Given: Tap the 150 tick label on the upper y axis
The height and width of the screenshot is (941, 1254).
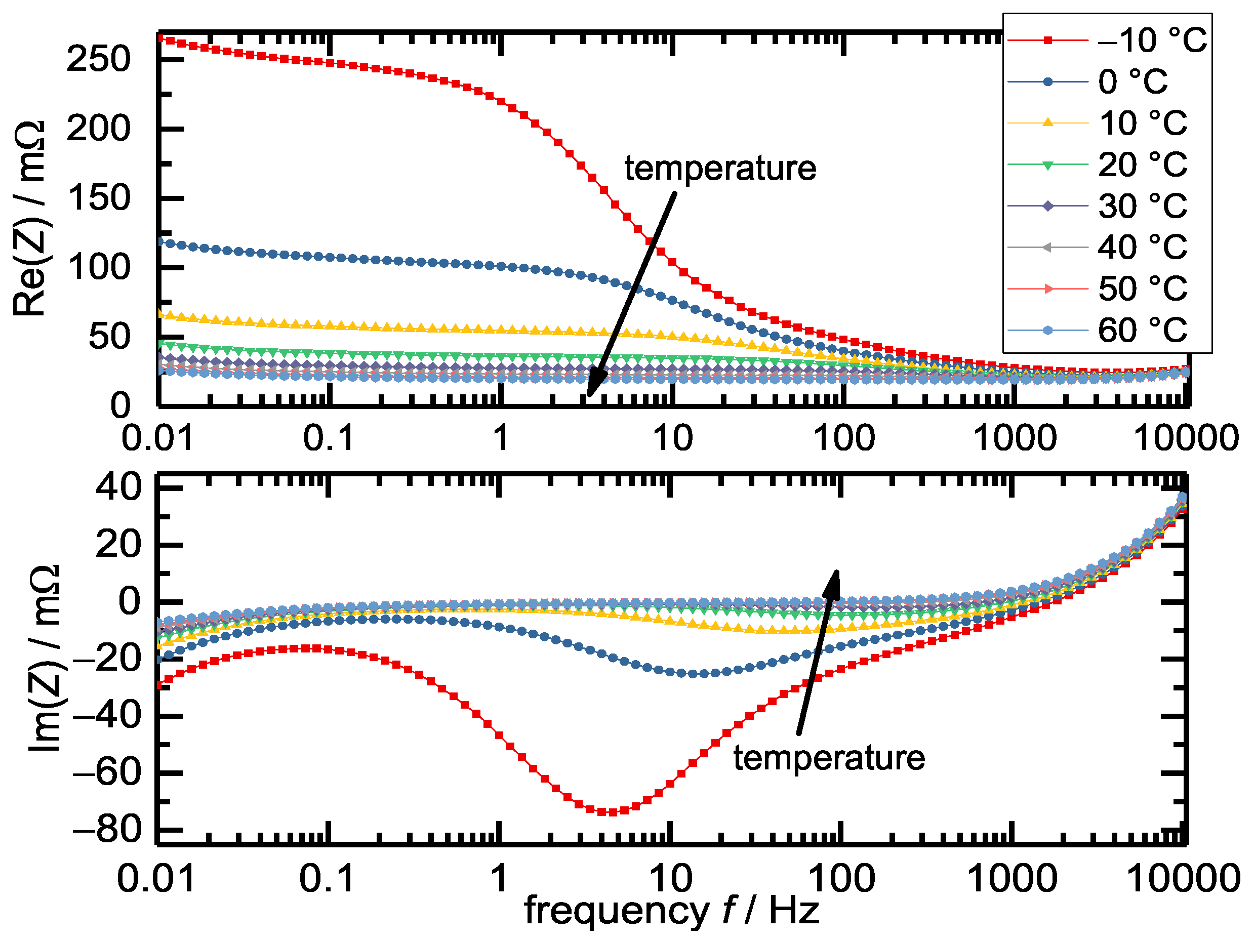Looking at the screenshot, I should pos(99,198).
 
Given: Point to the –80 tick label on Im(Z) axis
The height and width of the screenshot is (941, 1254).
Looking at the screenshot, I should pos(107,831).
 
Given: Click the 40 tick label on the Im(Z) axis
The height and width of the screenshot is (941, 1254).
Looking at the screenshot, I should pos(118,487).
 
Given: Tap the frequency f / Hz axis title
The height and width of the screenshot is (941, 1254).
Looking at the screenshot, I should pos(671,912).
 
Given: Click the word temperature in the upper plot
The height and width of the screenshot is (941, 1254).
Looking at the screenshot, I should pos(720,169).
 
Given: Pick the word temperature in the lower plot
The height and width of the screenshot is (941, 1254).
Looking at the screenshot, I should pos(829,758).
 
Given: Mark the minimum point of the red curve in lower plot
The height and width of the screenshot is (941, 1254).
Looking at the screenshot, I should pos(612,812).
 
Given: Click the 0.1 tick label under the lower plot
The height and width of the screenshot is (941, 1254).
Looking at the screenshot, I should pos(327,879).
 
